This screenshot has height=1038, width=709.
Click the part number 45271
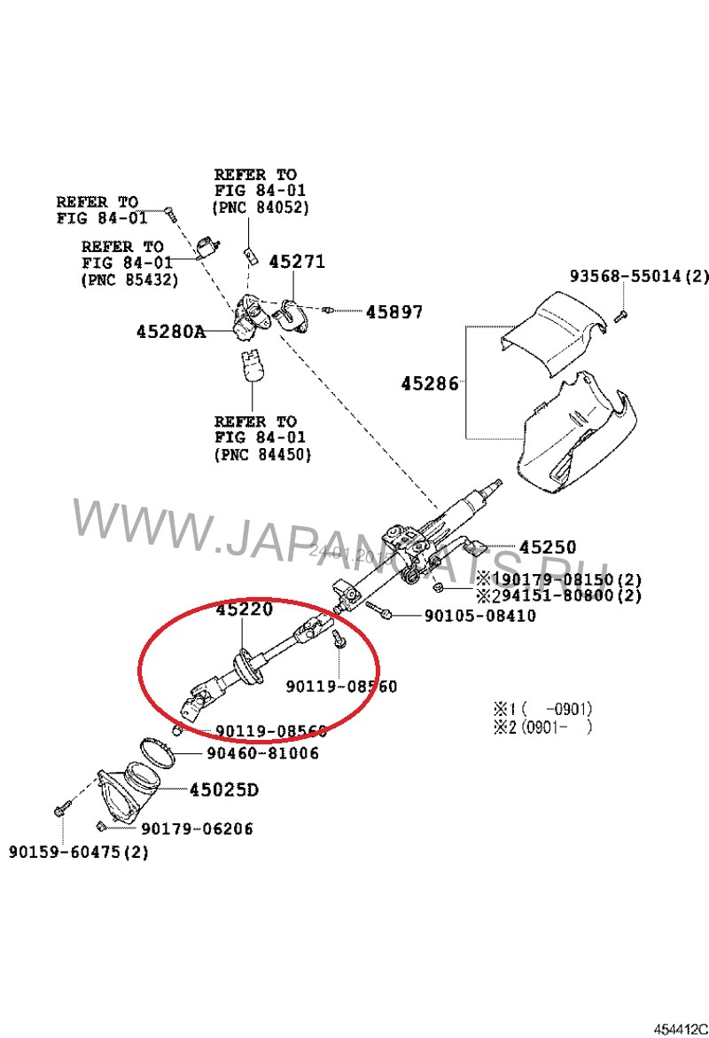coord(297,262)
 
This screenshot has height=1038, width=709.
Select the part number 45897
coord(394,312)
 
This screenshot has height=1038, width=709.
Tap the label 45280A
coord(170,332)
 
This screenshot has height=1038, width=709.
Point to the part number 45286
coord(430,383)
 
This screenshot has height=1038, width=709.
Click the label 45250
coord(547,547)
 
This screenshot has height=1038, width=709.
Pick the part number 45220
coord(245,609)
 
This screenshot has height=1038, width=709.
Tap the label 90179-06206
coord(197,829)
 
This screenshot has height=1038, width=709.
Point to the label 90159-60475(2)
coord(79,852)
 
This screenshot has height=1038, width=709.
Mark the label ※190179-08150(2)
coord(558,579)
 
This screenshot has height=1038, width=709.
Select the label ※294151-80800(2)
coord(558,595)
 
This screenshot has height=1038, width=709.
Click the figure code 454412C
coord(681,1028)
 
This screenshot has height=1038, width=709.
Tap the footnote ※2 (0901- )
coord(542,727)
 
